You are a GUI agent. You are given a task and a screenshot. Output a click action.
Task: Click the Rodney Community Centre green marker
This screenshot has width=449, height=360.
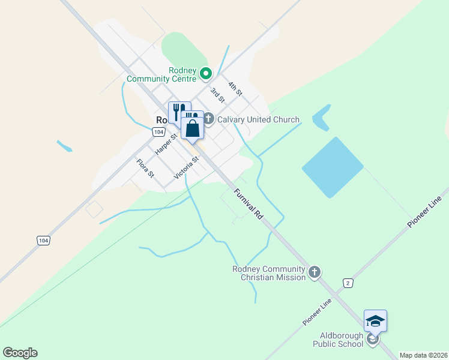pos(206,74)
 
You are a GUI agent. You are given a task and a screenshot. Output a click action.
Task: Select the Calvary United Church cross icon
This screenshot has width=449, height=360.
pos(208,119)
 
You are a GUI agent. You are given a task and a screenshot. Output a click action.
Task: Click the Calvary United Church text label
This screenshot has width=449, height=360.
pos(258,119)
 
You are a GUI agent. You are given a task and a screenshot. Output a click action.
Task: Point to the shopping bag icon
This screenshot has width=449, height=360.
pos(192,128)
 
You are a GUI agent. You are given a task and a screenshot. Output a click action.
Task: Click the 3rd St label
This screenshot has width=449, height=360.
pos(217,95)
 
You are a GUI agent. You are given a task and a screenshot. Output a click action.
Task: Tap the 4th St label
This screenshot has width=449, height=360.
pos(235,89)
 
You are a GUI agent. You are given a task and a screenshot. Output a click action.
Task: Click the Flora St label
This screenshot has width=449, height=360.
pos(145,168)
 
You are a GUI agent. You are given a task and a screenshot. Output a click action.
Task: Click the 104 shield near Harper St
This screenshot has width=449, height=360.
pos(158,131)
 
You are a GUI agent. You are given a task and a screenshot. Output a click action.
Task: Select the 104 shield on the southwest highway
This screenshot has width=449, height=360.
pos(43,240)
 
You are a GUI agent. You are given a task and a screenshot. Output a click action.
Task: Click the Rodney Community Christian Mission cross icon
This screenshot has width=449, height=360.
pos(315,273)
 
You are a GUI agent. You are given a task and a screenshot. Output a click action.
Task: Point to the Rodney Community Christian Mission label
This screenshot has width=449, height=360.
pos(269,273)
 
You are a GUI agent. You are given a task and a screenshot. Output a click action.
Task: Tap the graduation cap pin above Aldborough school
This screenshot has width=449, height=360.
pos(375,321)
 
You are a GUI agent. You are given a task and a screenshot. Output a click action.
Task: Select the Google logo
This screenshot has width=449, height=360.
pos(20,353)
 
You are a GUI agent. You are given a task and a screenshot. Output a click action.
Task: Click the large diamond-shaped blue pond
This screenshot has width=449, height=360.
pos(333,167)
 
